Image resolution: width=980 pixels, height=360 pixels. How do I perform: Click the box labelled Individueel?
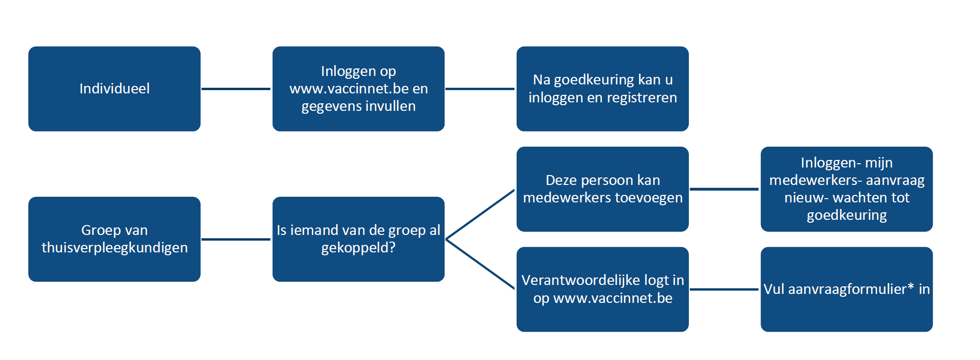point(114,89)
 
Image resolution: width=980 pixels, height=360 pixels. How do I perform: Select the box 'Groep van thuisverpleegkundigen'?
point(114,239)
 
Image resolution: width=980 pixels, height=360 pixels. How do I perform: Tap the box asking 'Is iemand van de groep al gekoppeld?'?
point(359,239)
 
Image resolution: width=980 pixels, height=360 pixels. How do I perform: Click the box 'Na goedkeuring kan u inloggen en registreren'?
point(603,89)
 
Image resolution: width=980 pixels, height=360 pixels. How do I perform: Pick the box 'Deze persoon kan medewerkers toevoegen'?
point(603,189)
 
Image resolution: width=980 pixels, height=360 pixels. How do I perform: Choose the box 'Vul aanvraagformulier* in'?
point(846,289)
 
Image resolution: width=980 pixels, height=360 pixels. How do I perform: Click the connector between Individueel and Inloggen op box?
point(236,89)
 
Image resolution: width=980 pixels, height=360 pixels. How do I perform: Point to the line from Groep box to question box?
point(236,239)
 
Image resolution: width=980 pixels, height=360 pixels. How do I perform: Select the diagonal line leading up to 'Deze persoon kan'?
point(480,214)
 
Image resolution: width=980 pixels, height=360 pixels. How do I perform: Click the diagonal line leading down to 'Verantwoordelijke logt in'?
point(480,264)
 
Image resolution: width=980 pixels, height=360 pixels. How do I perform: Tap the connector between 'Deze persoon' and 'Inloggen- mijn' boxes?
point(725,189)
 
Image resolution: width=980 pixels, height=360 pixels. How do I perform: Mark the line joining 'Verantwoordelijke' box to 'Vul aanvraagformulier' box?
point(725,289)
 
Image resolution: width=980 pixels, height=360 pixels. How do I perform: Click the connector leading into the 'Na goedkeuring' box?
point(480,89)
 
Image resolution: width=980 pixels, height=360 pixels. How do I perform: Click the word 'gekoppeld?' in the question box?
point(359,248)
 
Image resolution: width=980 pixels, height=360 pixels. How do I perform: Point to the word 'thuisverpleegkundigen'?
point(115,248)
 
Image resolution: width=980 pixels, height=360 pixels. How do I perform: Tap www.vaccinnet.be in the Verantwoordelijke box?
point(613,298)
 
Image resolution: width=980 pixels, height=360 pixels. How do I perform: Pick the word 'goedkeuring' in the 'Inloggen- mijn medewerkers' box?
point(847,216)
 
